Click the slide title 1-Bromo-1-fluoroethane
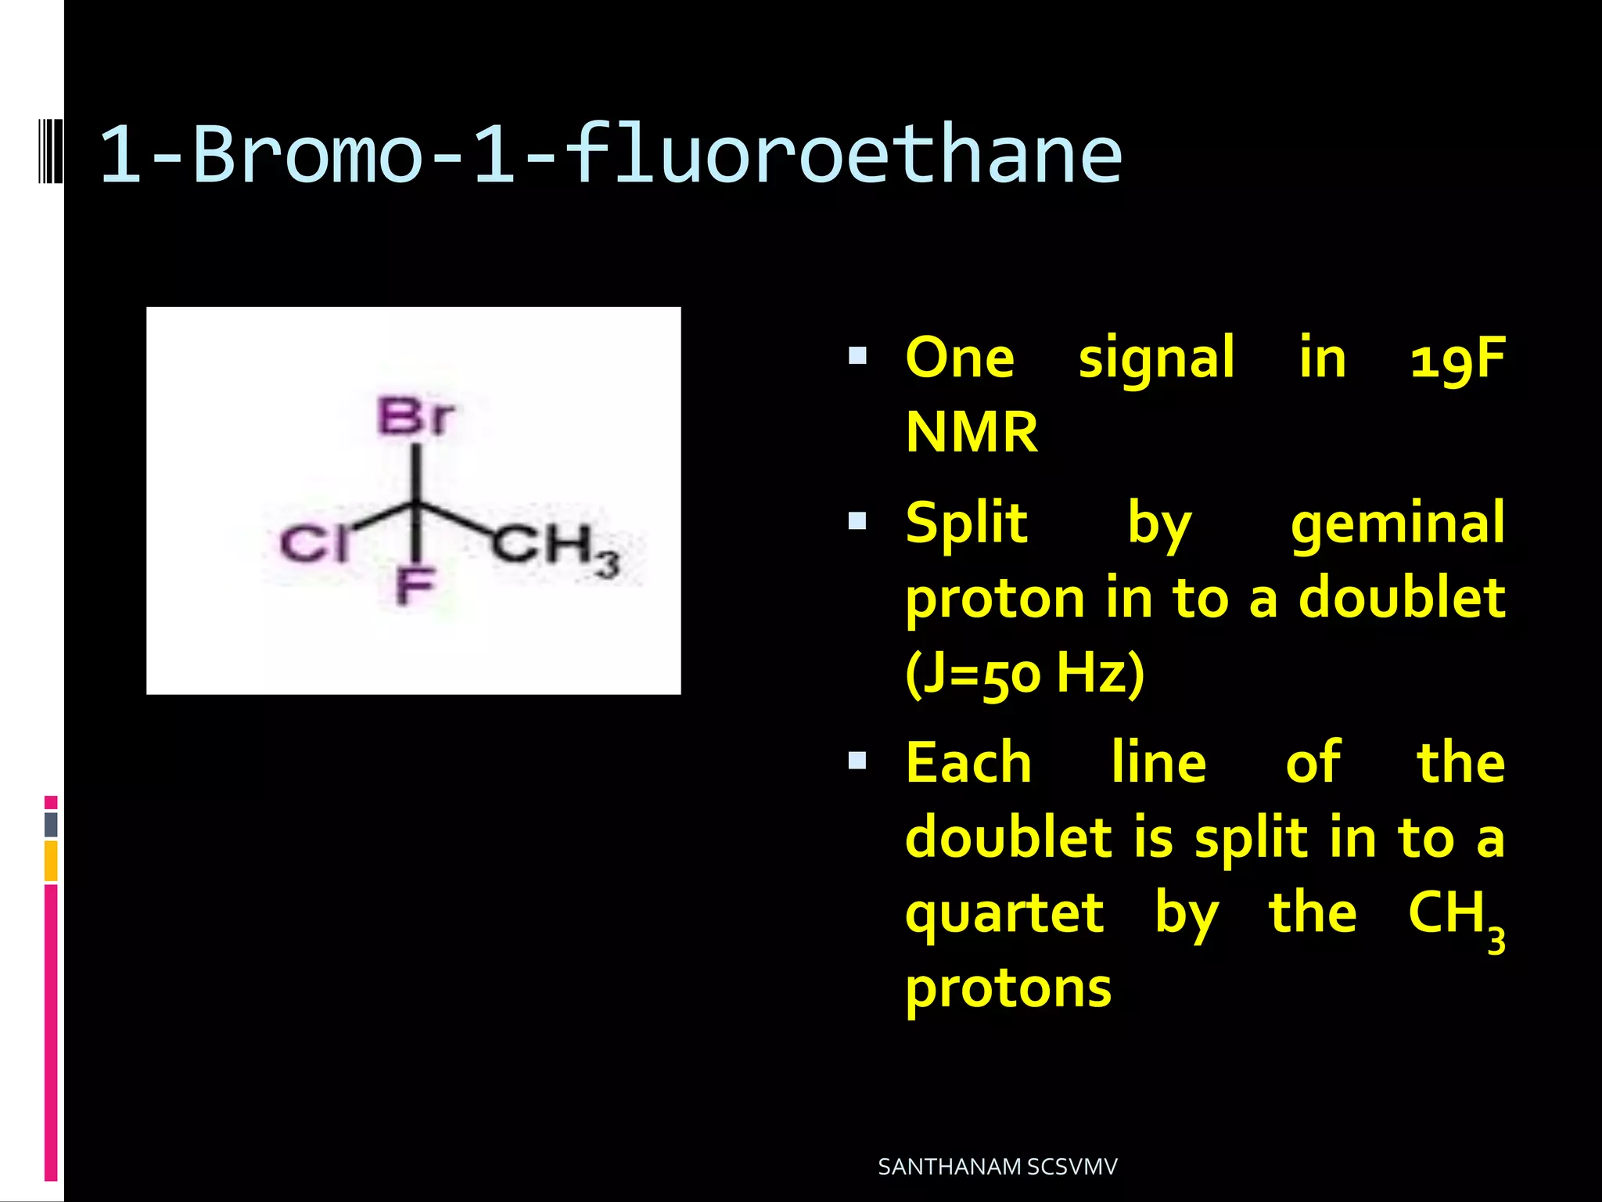tap(610, 155)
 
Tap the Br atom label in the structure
tap(415, 416)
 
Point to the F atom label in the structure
tap(415, 586)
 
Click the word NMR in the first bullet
tap(972, 432)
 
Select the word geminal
tap(1397, 524)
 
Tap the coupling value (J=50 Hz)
tap(1025, 672)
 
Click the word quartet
tap(1004, 913)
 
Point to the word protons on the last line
tap(1008, 988)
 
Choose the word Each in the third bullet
tap(968, 763)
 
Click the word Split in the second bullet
tap(967, 523)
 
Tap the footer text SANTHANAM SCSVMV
tap(997, 1167)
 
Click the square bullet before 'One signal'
tap(858, 357)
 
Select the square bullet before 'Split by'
tap(858, 521)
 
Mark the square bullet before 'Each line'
tap(858, 761)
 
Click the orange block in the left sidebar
tap(51, 861)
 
